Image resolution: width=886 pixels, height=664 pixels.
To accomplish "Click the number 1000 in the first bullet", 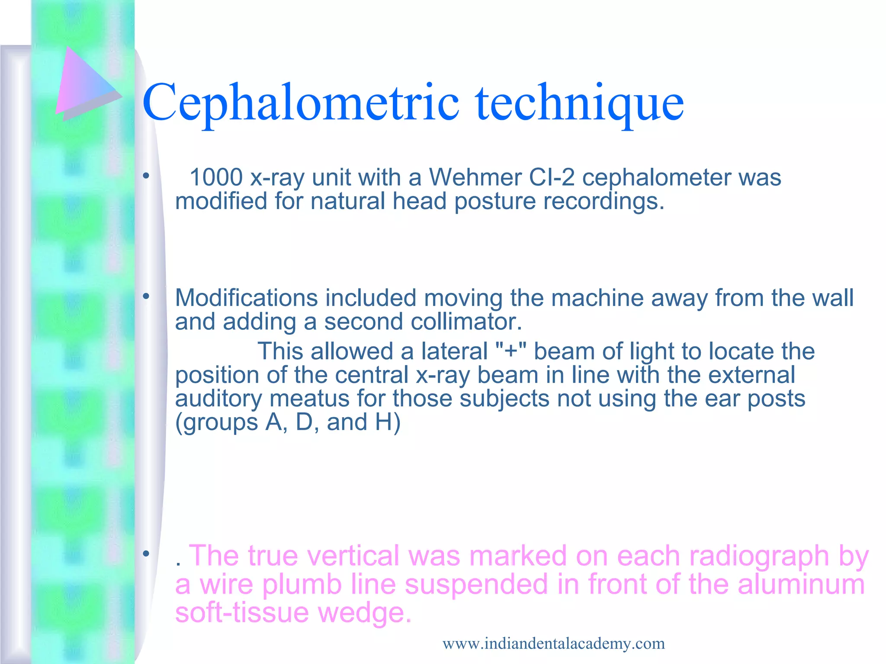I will [216, 178].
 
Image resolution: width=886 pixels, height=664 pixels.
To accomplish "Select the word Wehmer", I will [475, 178].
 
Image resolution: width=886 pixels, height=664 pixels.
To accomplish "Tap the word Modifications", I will [246, 298].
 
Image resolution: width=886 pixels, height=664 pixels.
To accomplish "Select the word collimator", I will [466, 322].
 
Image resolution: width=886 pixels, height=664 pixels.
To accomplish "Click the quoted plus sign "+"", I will [510, 351].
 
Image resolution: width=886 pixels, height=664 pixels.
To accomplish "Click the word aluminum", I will [801, 584].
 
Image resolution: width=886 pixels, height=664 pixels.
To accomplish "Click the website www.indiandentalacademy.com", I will [553, 644].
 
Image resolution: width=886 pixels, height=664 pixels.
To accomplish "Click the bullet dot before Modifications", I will [146, 297].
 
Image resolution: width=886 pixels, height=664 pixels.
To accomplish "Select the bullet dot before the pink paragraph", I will [146, 554].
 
